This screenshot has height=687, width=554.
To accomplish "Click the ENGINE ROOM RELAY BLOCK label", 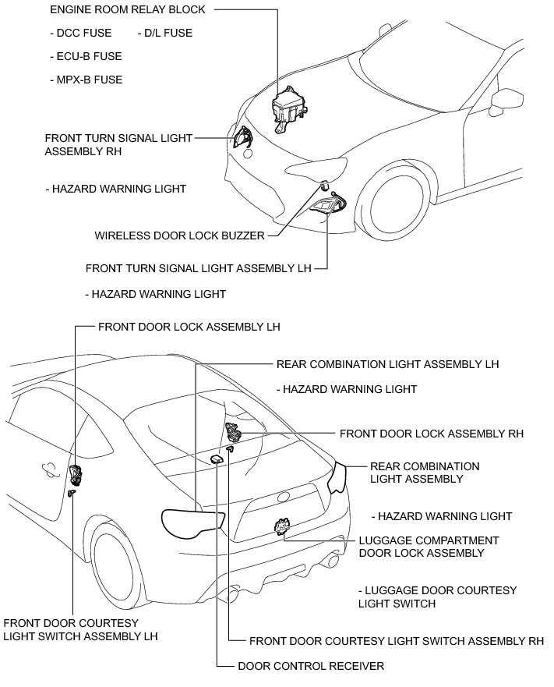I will [x=128, y=10].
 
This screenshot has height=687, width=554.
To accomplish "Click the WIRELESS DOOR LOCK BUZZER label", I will [x=179, y=235].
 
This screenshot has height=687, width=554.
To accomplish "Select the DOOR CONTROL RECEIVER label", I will [x=311, y=666].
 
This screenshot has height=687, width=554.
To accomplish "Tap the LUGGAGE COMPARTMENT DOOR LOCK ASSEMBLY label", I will [x=429, y=547].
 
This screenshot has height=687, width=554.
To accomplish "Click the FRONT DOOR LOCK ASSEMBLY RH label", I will [x=432, y=434].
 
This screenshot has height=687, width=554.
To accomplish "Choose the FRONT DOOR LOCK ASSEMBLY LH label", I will [x=189, y=327].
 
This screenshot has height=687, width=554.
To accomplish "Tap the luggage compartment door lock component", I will [x=281, y=528].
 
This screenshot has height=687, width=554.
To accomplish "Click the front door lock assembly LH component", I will [x=76, y=473].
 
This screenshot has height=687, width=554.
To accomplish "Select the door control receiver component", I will [x=216, y=460].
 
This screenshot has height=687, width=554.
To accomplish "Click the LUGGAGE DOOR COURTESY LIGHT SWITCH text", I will [x=437, y=597].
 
